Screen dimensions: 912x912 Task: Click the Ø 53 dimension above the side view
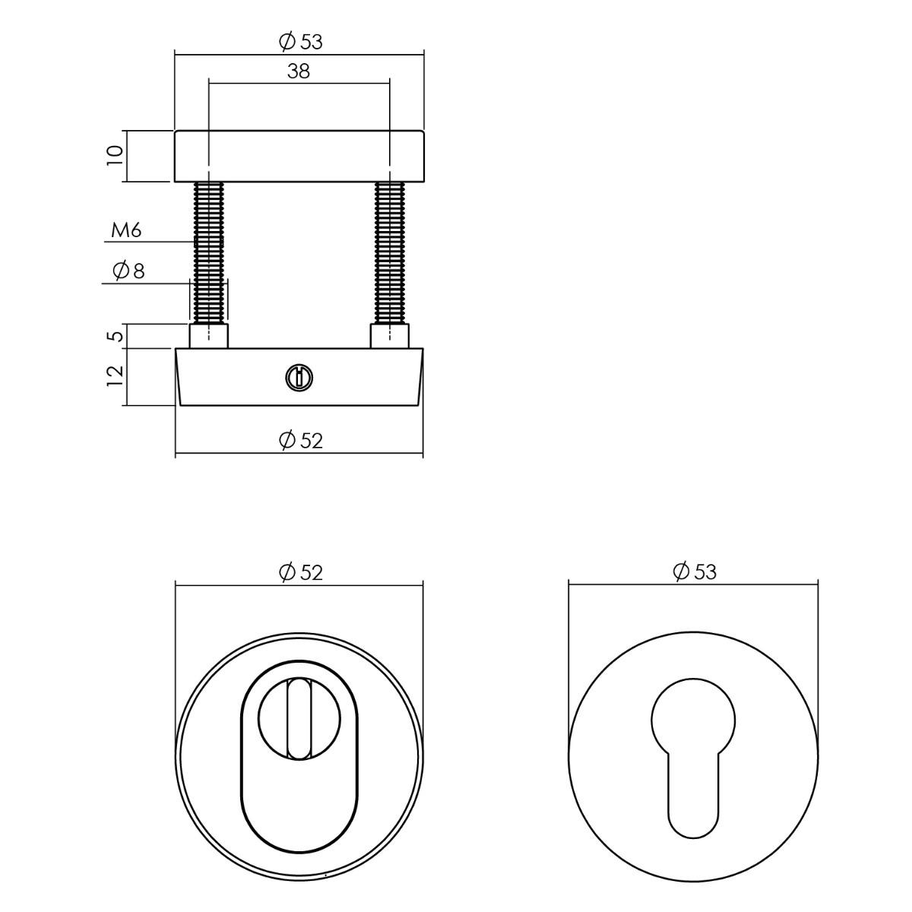[300, 42]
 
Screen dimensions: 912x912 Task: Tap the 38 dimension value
[298, 71]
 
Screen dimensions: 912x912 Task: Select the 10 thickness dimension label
[115, 155]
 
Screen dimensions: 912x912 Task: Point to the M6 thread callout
[126, 230]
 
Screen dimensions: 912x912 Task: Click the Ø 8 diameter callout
[128, 271]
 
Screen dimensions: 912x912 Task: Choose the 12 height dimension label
[115, 376]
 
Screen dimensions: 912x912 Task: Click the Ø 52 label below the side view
[300, 441]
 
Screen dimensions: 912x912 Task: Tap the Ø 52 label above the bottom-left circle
[300, 573]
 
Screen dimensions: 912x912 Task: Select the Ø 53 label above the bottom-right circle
[695, 572]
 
